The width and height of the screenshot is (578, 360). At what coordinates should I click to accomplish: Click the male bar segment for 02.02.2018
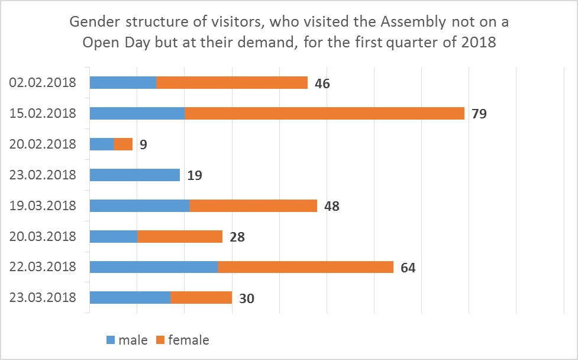(122, 82)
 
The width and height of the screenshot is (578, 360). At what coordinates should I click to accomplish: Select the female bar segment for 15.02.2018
(324, 113)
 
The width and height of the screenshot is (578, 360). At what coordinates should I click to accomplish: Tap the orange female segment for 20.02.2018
(123, 144)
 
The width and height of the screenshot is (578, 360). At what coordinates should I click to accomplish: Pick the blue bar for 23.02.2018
(134, 175)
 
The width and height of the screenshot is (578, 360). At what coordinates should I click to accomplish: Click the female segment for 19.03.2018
(253, 205)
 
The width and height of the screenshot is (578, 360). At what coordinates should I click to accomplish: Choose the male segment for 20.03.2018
(113, 236)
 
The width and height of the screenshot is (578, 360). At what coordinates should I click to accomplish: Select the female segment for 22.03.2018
(305, 267)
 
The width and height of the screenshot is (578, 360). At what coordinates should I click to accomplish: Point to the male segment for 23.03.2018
(130, 298)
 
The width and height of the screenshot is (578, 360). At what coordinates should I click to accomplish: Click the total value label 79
(479, 114)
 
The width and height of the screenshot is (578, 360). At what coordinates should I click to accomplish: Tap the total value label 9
(143, 144)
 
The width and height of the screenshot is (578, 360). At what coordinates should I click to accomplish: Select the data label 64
(408, 268)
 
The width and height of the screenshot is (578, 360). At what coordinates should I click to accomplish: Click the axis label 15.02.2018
(43, 113)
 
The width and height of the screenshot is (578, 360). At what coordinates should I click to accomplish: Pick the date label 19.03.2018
(43, 205)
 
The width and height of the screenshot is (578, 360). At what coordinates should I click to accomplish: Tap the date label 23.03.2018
(43, 298)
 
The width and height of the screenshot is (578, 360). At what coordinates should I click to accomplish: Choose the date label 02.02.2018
(43, 82)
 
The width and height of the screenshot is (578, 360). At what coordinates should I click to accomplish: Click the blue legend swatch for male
(111, 340)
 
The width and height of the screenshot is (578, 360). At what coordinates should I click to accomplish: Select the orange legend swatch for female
(160, 340)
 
